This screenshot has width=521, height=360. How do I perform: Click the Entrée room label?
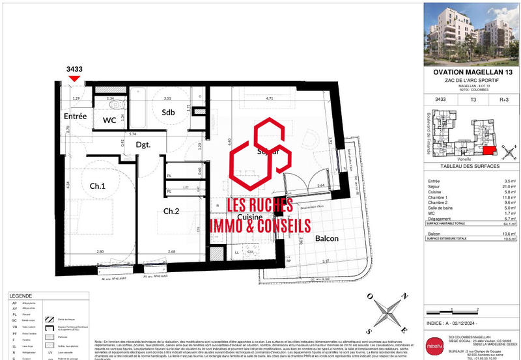[76, 116]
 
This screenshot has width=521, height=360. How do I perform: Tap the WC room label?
[109, 120]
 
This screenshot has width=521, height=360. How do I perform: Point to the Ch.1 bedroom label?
[98, 186]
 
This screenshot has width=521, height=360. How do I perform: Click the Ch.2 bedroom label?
[171, 210]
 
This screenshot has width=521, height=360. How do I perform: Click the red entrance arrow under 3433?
[75, 79]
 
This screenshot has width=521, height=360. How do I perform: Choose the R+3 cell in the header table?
[503, 100]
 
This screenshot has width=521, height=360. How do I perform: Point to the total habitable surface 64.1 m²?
[505, 222]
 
